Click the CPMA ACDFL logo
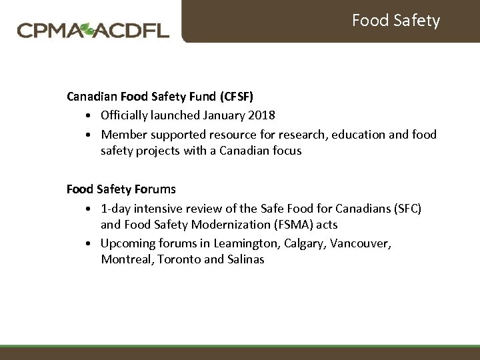click(93, 30)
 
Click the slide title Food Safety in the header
click(395, 21)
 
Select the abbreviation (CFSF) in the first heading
click(237, 97)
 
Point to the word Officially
click(127, 115)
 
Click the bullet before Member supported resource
click(89, 135)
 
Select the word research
click(309, 135)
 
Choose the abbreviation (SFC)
click(407, 209)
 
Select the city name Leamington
click(246, 243)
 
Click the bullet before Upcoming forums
click(89, 244)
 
